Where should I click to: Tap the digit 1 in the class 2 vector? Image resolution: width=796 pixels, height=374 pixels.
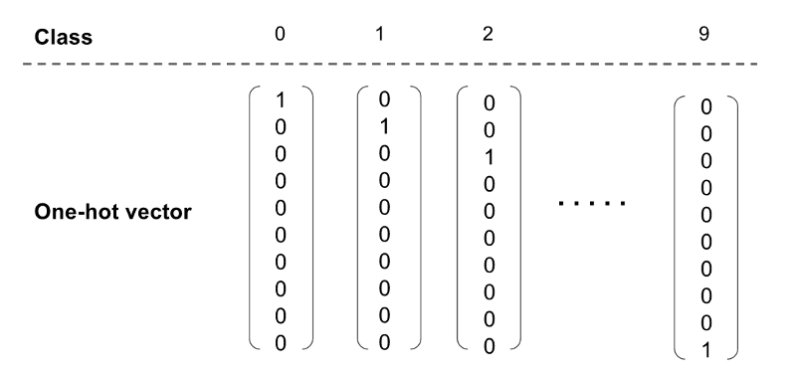click(x=489, y=157)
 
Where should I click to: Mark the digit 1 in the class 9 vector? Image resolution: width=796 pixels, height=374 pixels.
click(x=705, y=349)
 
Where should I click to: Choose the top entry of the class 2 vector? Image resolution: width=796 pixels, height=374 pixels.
click(x=489, y=103)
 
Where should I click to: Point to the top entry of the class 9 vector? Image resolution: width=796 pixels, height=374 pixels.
click(x=705, y=106)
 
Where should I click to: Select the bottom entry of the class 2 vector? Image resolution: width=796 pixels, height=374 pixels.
click(x=489, y=345)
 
